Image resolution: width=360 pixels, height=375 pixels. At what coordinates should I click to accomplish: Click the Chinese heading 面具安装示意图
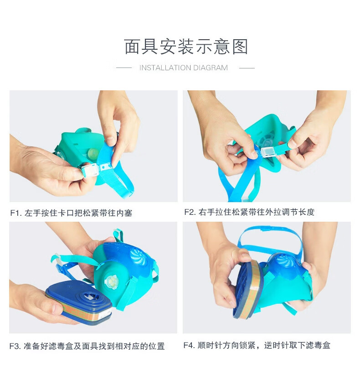[186, 47]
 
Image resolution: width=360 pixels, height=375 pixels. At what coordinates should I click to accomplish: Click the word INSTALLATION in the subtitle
[165, 68]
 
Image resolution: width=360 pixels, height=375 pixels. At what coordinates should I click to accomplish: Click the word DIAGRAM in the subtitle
[211, 68]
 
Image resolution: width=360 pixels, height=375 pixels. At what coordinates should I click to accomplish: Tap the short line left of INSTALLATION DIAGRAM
[124, 68]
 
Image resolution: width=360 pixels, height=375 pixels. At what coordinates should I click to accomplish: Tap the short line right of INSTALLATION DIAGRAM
[247, 68]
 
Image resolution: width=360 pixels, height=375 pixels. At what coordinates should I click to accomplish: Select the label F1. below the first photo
[16, 213]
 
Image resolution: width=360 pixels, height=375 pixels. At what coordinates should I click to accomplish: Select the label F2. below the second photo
[190, 212]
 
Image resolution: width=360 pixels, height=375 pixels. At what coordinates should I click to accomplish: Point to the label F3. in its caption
[15, 346]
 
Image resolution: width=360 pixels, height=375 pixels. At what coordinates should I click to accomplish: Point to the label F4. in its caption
[190, 345]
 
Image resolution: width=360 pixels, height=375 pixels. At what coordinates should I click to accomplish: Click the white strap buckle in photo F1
[90, 170]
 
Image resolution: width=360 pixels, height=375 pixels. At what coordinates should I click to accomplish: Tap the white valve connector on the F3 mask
[111, 281]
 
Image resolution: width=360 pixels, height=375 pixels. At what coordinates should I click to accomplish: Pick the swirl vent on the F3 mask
[139, 256]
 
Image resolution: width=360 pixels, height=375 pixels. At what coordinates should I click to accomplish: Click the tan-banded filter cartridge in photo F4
[248, 289]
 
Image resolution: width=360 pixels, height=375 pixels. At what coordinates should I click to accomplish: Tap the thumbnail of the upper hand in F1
[109, 141]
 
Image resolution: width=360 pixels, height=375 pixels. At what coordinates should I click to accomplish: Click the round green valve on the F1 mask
[93, 152]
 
